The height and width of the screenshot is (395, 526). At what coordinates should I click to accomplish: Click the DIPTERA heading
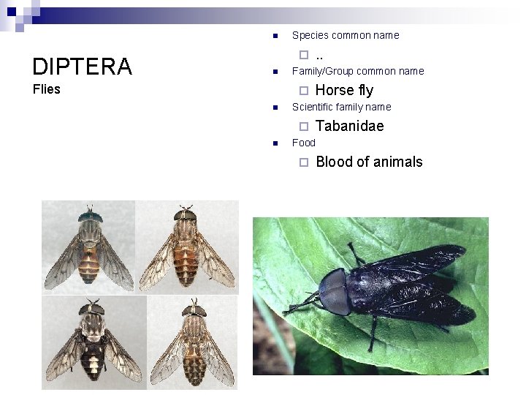click(82, 67)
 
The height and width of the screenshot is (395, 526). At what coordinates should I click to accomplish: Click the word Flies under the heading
click(47, 90)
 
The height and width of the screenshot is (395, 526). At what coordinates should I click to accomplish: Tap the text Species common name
click(345, 35)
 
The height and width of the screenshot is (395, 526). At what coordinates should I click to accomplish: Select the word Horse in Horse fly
click(335, 90)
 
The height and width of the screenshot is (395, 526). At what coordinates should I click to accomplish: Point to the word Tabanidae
click(349, 126)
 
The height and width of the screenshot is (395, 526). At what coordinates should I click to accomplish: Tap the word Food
click(303, 143)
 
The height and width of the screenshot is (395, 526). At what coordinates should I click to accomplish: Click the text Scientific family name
click(341, 107)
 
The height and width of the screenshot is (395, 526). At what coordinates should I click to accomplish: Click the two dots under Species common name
click(319, 55)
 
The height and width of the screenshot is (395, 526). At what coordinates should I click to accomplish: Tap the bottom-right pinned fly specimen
click(194, 342)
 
